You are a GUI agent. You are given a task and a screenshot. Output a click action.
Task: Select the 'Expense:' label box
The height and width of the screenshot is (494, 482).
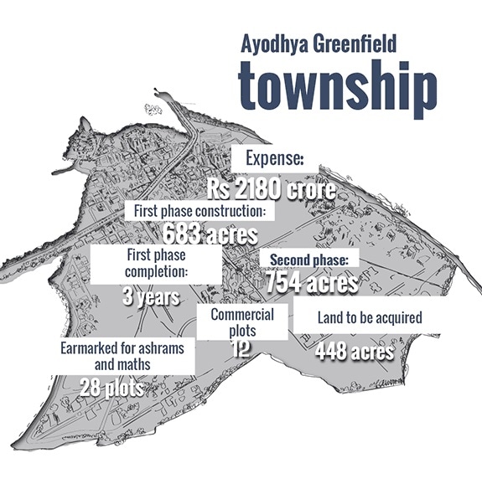[x=274, y=157]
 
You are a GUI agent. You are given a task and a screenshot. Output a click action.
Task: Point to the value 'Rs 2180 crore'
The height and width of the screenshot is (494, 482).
[x=274, y=188]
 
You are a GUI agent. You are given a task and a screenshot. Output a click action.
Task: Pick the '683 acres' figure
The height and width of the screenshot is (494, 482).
[x=210, y=233]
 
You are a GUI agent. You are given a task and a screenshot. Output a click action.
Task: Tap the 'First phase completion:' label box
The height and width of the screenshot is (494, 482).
[x=156, y=263]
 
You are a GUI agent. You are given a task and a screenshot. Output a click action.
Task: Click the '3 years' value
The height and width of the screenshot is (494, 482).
[x=152, y=296]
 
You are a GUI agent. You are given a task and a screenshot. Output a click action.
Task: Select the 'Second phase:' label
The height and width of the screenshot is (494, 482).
[x=314, y=259]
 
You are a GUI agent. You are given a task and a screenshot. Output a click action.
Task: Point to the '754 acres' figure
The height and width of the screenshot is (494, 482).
[x=312, y=282]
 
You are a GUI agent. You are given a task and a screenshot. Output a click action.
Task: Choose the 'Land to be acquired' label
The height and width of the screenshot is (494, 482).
[x=369, y=318]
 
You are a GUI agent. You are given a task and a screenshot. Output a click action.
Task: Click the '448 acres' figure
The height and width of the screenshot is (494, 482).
[x=355, y=351]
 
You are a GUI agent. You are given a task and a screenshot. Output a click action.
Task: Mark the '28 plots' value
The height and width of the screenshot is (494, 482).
[x=111, y=387]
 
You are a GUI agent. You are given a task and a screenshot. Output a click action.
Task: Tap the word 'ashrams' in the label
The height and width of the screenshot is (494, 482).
[x=162, y=347]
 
